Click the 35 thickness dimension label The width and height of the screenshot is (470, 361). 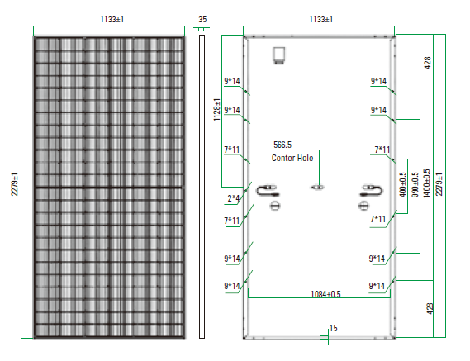coord(202,20)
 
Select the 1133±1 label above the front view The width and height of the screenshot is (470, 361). coord(112,20)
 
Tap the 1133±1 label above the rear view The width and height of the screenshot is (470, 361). coord(321,20)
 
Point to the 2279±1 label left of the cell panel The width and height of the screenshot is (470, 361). coord(15,184)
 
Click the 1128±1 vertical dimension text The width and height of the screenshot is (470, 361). coord(216,109)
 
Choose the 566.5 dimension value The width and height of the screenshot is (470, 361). coord(282,145)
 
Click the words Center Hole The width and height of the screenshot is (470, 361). coord(292,158)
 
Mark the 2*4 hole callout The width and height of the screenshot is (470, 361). coord(234,198)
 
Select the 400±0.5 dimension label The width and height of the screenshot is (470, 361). coord(403,185)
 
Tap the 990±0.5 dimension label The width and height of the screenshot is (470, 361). coord(415,185)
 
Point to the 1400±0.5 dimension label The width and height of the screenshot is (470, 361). coord(426,183)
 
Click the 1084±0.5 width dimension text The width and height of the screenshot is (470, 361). coord(325,294)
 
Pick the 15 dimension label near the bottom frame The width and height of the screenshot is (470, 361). coord(334,328)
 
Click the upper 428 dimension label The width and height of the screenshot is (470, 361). coord(428,63)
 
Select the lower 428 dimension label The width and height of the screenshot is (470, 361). coord(430,309)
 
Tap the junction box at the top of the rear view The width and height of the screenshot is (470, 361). coord(278,55)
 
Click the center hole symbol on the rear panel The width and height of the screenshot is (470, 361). coord(317,188)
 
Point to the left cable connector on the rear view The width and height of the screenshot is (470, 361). coord(268,191)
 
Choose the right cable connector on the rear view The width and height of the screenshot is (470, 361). coord(371,191)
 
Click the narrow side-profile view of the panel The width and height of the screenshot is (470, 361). coord(202,187)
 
